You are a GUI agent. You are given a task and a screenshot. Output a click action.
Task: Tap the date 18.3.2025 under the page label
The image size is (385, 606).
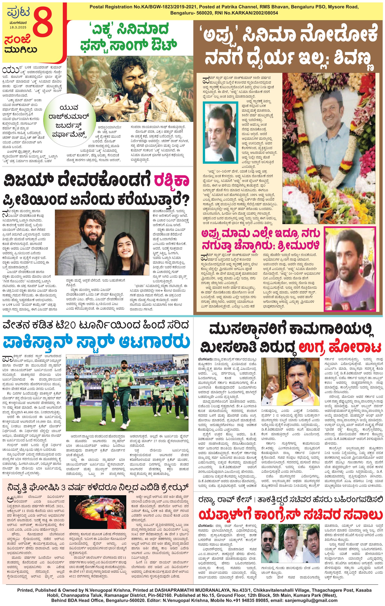pos(18,27)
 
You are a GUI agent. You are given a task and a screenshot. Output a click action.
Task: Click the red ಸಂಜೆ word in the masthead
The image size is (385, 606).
pos(17,39)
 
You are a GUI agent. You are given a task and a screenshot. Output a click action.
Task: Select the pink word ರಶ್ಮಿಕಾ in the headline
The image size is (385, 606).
pos(171,180)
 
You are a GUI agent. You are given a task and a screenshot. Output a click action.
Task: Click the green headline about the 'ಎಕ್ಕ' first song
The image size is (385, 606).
pos(129,37)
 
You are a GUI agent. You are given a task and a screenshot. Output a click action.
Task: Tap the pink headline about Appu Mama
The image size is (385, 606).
pos(261,239)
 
